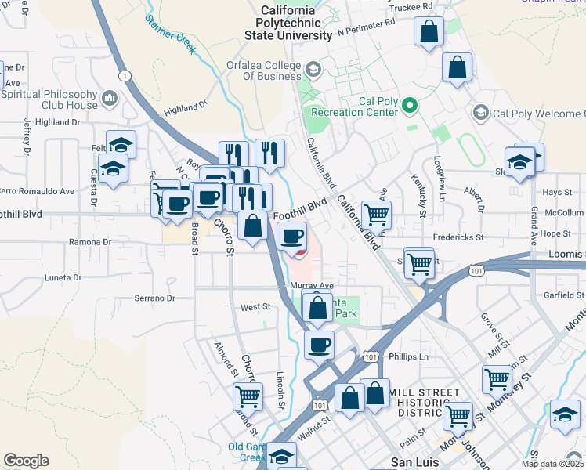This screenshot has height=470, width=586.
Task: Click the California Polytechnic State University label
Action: point(288,23)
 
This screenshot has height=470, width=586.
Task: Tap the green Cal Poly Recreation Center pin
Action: point(409,105)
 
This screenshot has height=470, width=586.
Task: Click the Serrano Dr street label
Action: point(154,298)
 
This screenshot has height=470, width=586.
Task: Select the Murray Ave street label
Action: point(312,287)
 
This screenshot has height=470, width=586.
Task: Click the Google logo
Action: point(26,460)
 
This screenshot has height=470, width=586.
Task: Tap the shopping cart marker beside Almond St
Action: point(248,397)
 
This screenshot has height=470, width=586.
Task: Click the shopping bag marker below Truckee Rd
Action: point(429,33)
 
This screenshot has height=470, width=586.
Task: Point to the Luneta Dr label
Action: point(63,278)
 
